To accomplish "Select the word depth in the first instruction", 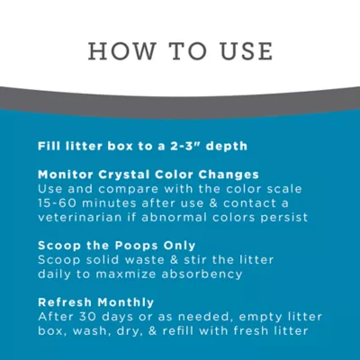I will pos(227,146).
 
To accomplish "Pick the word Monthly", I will pos(126,301).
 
